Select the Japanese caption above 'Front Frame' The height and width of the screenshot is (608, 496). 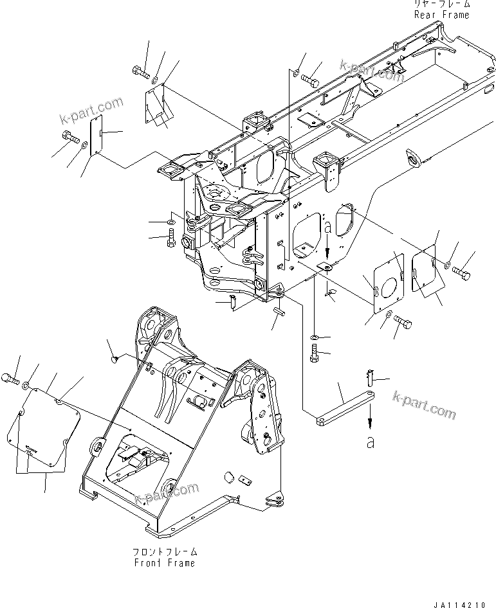point(164,552)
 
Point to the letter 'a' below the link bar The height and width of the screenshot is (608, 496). point(369,443)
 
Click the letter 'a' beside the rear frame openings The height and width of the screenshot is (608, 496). point(327,228)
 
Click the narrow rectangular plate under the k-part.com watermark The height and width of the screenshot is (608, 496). point(96,137)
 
